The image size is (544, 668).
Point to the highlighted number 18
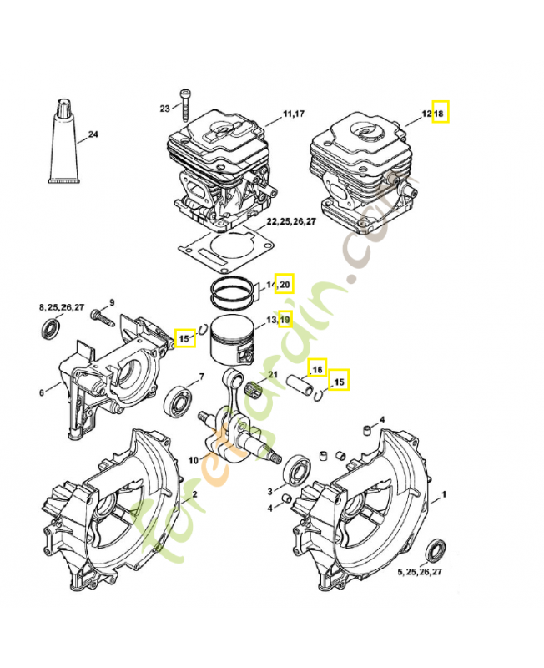click(x=441, y=112)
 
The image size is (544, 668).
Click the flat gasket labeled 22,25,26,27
click(x=225, y=250)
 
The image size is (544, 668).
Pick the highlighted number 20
click(x=285, y=284)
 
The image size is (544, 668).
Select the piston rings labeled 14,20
click(x=233, y=292)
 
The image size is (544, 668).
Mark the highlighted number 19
click(x=285, y=319)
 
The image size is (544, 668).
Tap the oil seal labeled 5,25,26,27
click(x=435, y=551)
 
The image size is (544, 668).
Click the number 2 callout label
click(x=194, y=494)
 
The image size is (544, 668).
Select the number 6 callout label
click(x=42, y=392)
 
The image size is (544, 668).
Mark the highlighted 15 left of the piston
click(x=184, y=339)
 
